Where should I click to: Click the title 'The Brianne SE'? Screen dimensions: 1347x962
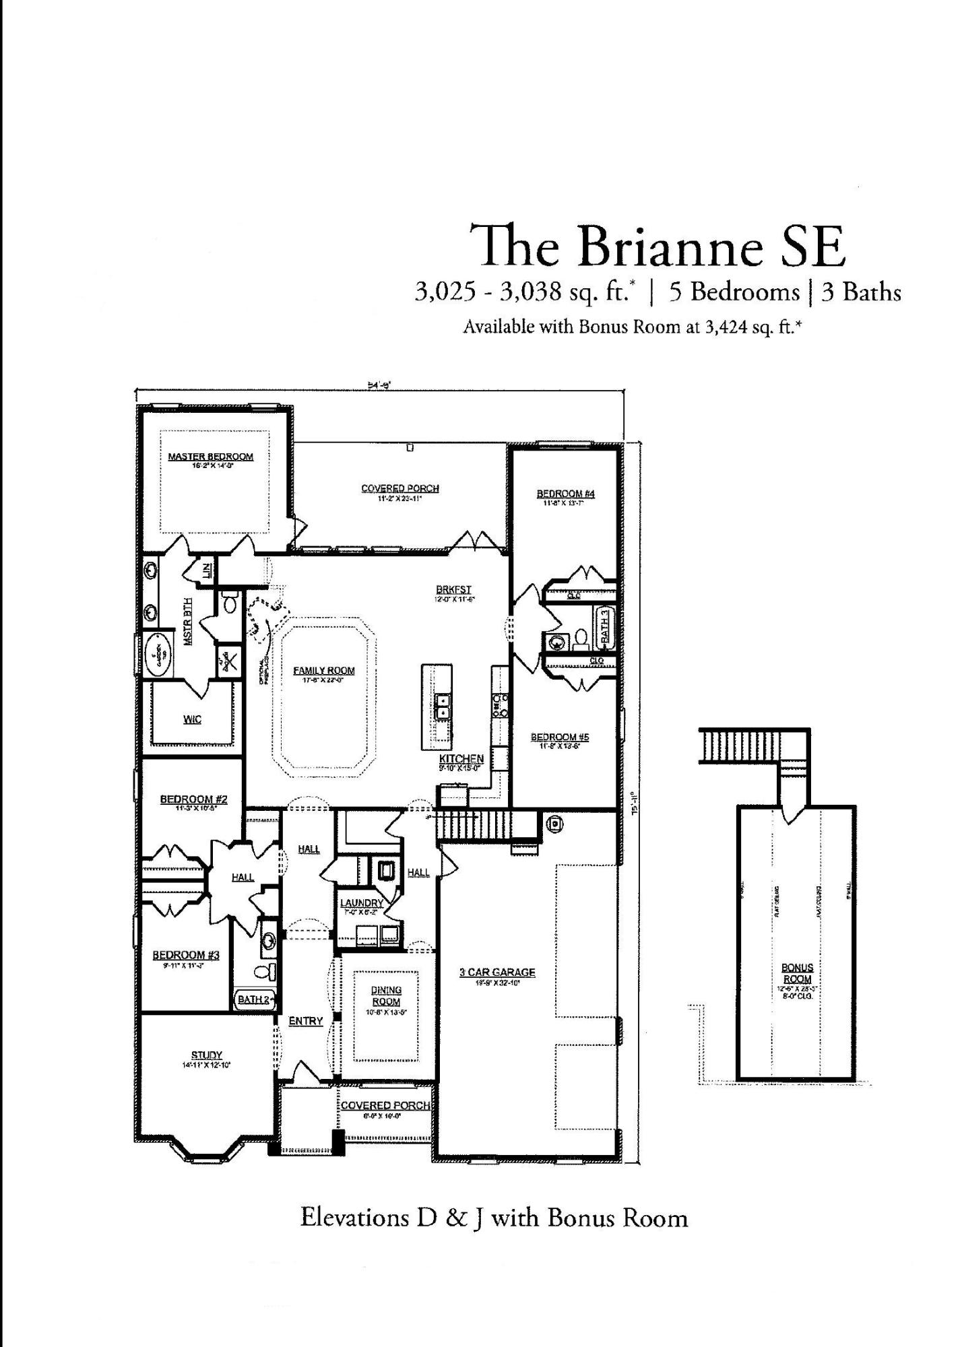click(657, 246)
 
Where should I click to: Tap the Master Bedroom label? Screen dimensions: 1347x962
click(211, 457)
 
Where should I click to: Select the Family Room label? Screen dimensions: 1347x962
click(324, 671)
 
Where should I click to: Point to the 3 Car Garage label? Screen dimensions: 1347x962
click(497, 973)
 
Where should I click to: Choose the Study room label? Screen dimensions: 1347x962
click(207, 1055)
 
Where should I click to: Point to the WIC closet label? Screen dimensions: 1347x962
click(193, 720)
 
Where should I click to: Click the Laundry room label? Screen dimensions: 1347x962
click(362, 903)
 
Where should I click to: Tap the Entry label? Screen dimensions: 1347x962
click(306, 1021)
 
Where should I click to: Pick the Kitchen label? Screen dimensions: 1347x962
click(461, 759)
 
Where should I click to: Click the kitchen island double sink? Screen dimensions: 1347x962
click(443, 706)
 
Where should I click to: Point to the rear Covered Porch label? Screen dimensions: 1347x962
click(400, 488)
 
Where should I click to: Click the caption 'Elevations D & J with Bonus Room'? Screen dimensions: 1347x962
click(494, 1218)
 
